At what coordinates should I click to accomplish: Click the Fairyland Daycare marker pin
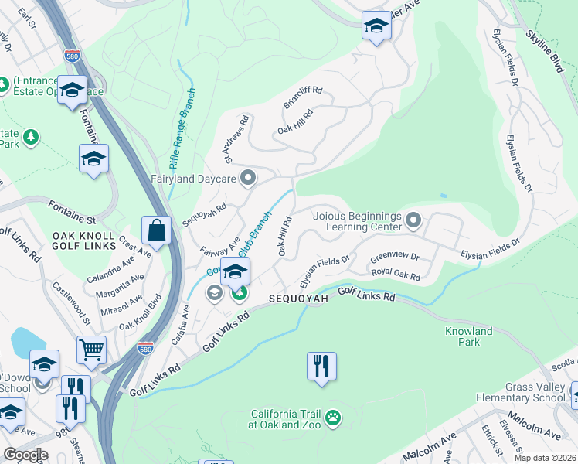248,179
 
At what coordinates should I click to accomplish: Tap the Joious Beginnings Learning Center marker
413,222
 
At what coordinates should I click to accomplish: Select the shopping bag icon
156,231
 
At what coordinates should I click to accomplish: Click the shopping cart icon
91,350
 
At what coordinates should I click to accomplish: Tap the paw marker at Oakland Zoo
332,418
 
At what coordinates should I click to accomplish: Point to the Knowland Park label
468,336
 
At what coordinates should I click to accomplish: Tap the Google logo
25,455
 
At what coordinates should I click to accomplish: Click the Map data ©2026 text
545,458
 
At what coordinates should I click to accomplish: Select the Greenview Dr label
394,257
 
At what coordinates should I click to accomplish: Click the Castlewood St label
72,304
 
